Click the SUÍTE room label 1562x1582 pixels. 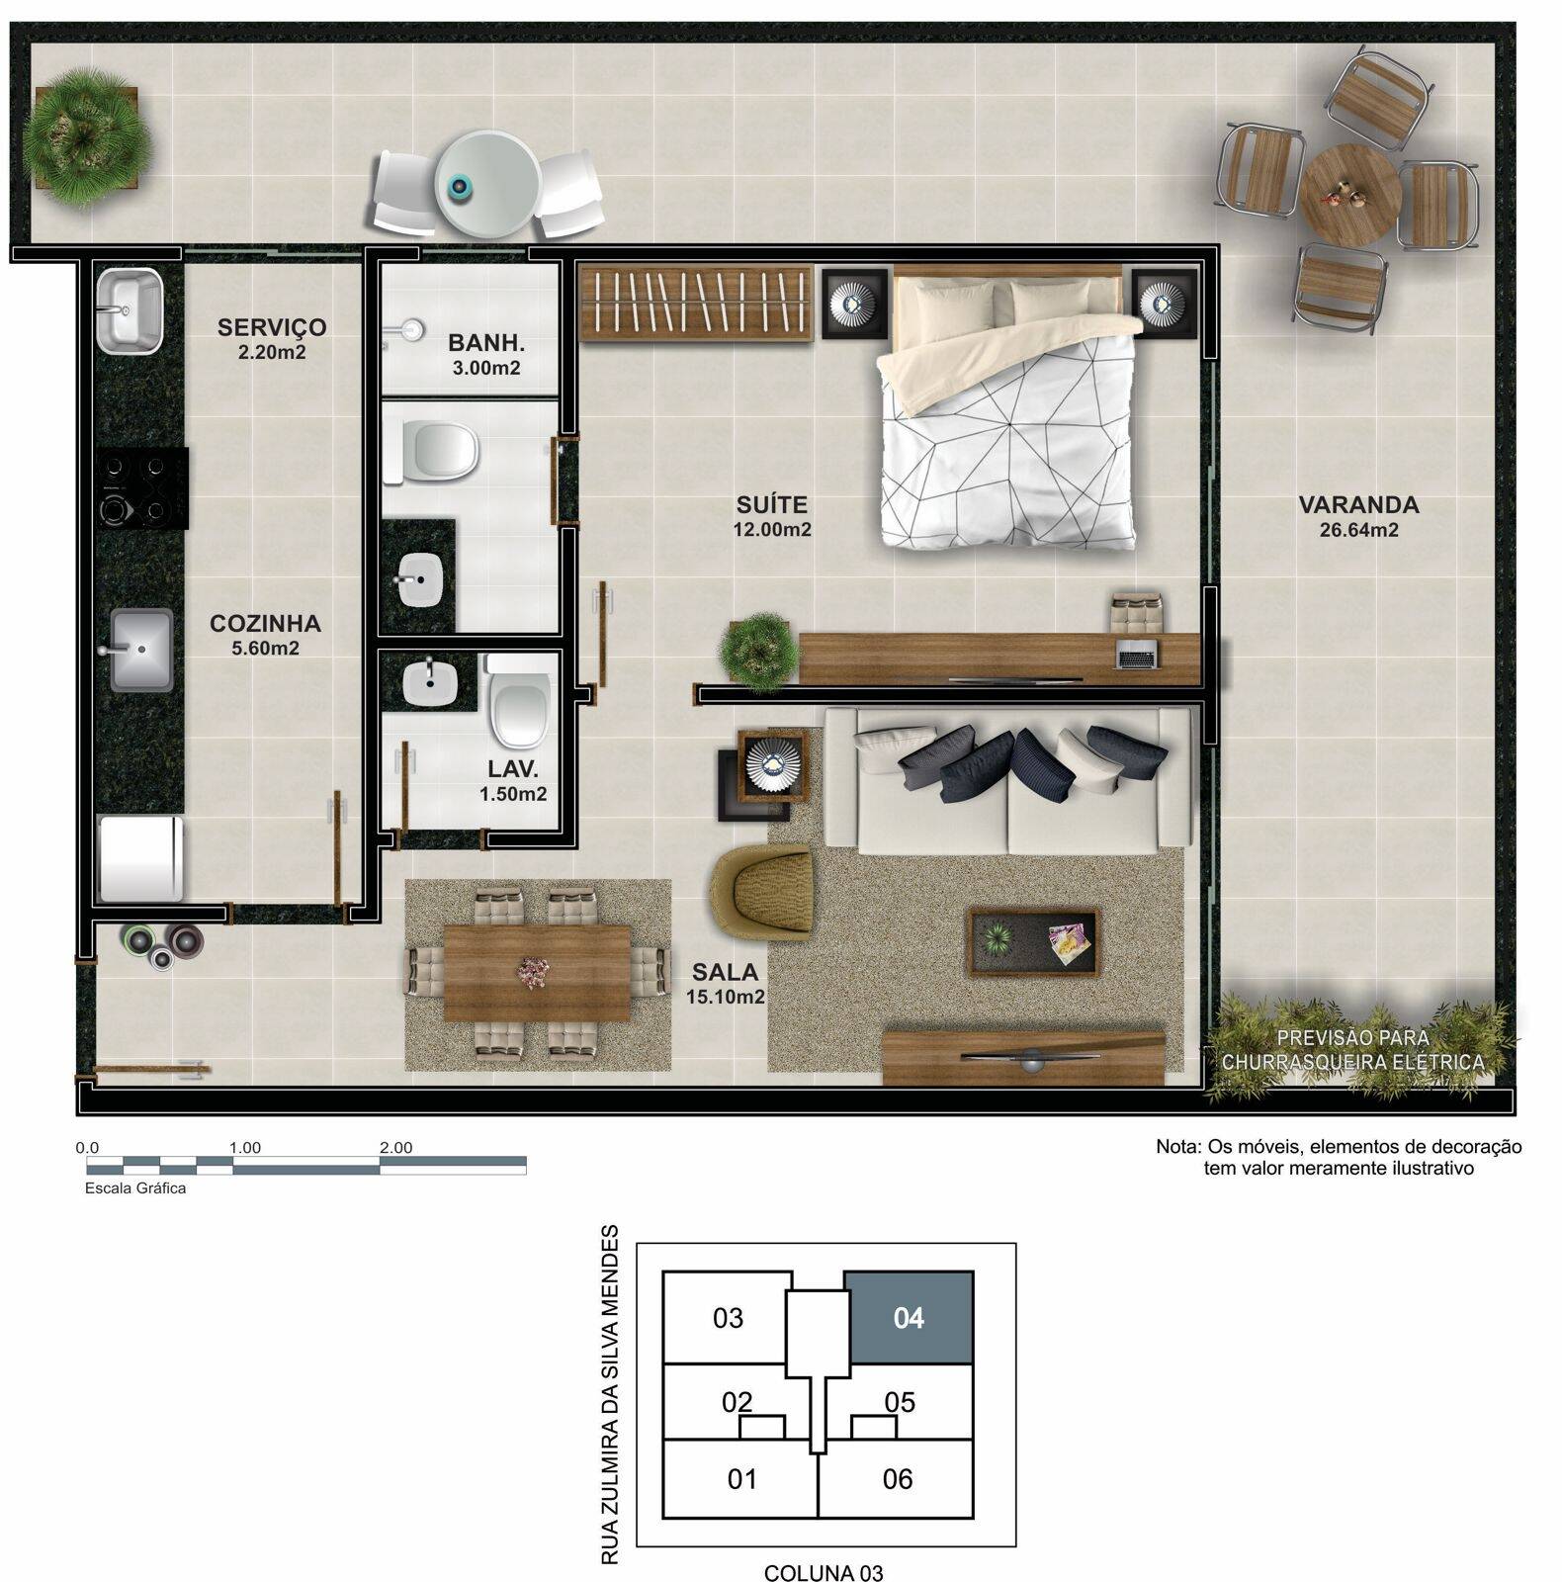point(770,504)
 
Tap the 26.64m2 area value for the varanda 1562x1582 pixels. point(1358,530)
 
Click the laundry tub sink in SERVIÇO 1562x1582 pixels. point(129,309)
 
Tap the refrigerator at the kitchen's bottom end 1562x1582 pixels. point(141,857)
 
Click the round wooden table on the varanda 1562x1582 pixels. point(1349,193)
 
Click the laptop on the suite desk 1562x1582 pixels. point(1137,655)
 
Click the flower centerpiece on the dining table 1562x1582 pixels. point(536,971)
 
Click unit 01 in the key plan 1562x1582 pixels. point(741,1479)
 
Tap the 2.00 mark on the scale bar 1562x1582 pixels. point(395,1148)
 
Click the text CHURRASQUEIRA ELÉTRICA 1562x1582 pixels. point(1351,1063)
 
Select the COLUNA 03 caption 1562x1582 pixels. point(824,1572)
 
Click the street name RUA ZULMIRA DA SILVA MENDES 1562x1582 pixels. point(610,1394)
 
